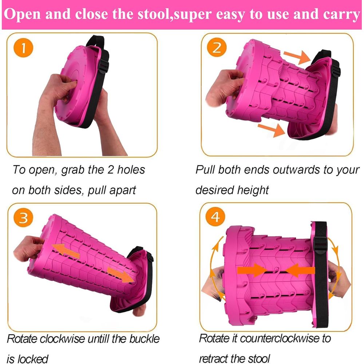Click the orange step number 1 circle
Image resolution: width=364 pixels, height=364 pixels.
pos(23,48)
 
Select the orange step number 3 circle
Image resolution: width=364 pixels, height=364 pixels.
pos(23,218)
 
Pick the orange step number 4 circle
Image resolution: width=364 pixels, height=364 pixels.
pos(215,217)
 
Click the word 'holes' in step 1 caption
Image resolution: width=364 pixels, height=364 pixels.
pos(131,170)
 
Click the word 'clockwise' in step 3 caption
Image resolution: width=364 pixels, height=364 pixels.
pos(62,339)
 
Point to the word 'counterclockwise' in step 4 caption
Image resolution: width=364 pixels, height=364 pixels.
pos(279,338)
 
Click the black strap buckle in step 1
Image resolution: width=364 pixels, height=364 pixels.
pos(103,66)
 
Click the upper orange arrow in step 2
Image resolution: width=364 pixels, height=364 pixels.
pos(297,57)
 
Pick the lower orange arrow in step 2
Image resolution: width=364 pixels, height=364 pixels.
pos(272,130)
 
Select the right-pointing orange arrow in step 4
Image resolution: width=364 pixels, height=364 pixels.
pos(252,270)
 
